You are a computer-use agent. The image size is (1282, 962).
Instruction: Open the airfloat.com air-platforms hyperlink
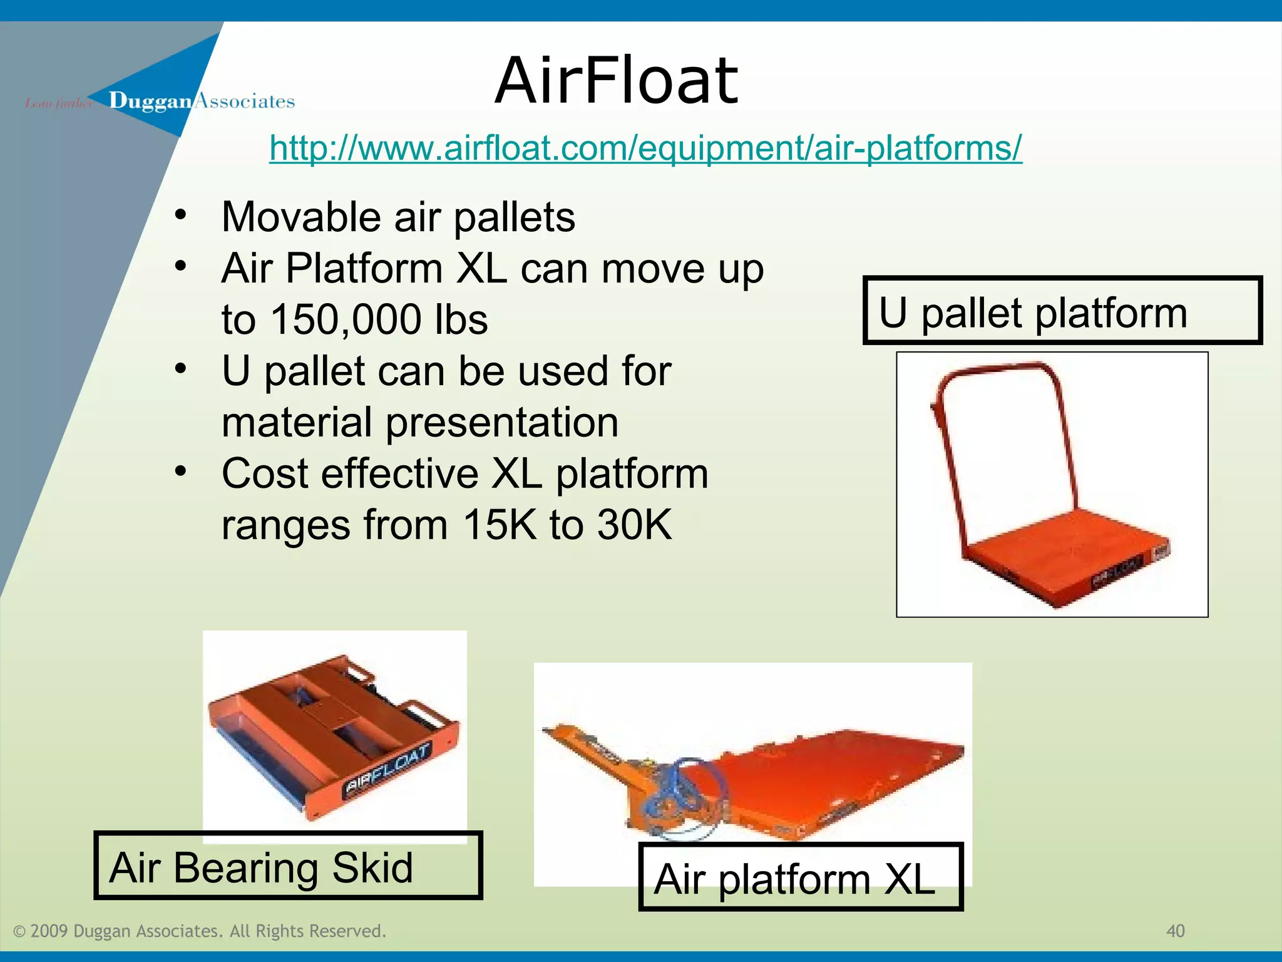[645, 148]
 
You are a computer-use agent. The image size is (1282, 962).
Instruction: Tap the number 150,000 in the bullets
[346, 319]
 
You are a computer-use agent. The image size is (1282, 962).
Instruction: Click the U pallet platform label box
[1062, 311]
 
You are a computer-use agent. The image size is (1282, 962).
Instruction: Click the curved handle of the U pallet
[995, 372]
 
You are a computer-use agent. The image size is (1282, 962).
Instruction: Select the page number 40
[1175, 931]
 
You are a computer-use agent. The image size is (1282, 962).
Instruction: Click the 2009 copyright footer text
[200, 931]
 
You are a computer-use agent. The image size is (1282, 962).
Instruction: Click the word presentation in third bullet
[501, 422]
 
